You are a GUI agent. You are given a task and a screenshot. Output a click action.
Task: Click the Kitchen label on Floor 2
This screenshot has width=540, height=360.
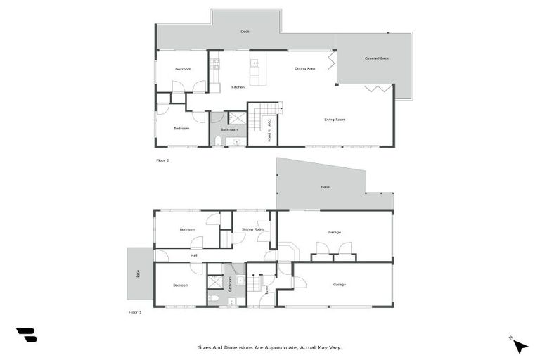click(x=238, y=87)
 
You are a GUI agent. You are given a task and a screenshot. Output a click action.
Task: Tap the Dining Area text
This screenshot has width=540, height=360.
click(x=304, y=68)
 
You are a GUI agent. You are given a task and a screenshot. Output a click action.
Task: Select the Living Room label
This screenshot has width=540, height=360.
click(x=335, y=120)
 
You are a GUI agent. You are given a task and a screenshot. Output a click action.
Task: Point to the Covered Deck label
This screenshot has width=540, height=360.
click(x=377, y=58)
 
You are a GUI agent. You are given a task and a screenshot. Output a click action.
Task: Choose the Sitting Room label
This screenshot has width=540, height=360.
click(x=252, y=230)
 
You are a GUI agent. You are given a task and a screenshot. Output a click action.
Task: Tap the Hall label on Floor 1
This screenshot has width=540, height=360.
click(x=193, y=255)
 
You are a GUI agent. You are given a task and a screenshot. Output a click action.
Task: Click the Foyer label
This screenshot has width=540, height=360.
click(x=266, y=289)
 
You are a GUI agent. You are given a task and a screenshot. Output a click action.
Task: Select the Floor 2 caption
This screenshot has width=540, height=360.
click(x=162, y=160)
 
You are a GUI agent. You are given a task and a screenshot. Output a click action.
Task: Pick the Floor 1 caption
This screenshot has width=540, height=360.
click(x=134, y=312)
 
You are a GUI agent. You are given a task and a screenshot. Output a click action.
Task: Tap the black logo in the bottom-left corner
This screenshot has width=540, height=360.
click(x=26, y=335)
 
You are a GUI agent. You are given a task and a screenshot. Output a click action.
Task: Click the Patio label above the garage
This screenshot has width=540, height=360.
click(x=326, y=187)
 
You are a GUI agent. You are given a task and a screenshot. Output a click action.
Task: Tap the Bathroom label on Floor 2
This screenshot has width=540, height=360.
click(x=229, y=130)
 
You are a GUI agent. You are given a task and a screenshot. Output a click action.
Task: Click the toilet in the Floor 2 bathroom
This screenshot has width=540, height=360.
click(x=218, y=141)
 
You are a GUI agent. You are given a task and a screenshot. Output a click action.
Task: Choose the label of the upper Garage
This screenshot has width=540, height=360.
click(x=334, y=232)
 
